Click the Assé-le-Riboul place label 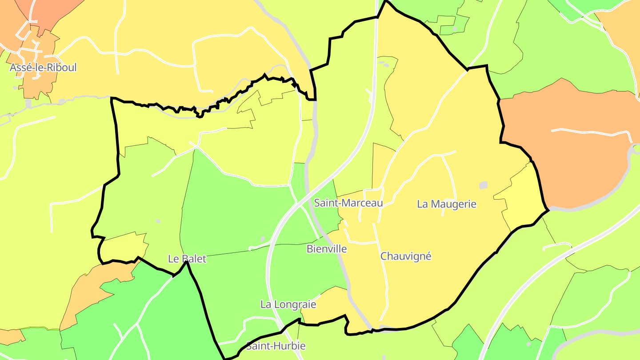(x=43, y=68)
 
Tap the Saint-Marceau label (x=348, y=203)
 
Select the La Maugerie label (x=446, y=204)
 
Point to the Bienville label (x=327, y=249)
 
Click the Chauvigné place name (x=406, y=256)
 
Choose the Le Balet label (x=187, y=259)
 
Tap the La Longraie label (x=288, y=304)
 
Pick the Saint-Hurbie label (x=276, y=346)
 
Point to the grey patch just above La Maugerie (x=483, y=185)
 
